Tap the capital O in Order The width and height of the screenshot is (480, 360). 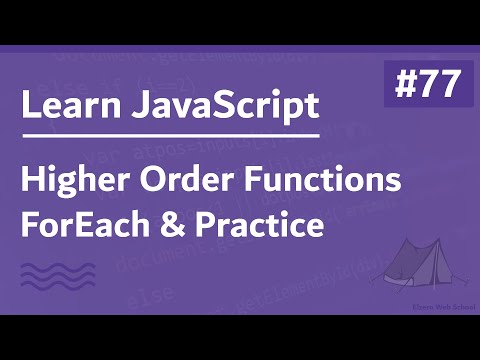click(165, 184)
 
